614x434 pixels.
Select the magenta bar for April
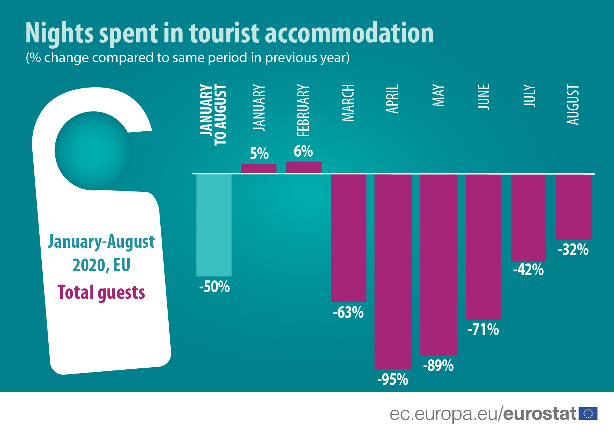(393, 271)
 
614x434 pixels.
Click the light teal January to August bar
(214, 225)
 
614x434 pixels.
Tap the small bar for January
(259, 168)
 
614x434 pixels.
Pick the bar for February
(304, 167)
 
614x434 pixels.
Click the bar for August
(573, 207)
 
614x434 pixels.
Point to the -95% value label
(393, 379)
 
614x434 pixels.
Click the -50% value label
(214, 287)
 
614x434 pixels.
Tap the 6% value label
(303, 152)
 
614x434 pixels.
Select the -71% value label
(483, 329)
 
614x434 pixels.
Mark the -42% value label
(528, 270)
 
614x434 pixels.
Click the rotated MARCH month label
(348, 103)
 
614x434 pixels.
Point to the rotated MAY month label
(438, 95)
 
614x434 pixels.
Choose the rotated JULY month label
(528, 95)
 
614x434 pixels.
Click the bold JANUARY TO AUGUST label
(213, 115)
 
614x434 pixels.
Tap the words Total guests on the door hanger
(101, 292)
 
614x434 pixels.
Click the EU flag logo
(588, 413)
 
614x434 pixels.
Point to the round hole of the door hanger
(93, 150)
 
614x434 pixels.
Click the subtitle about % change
(188, 58)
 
